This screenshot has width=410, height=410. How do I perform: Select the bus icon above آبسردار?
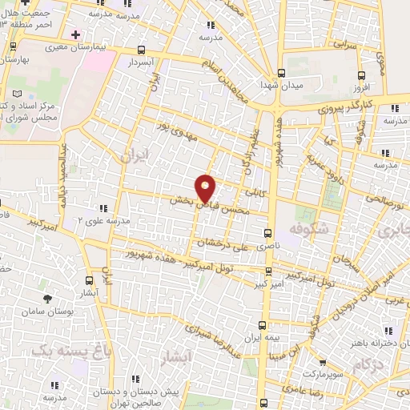tap(142, 49)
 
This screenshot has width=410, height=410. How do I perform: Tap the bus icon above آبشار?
tap(89, 280)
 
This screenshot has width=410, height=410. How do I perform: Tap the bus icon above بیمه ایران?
tap(263, 325)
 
